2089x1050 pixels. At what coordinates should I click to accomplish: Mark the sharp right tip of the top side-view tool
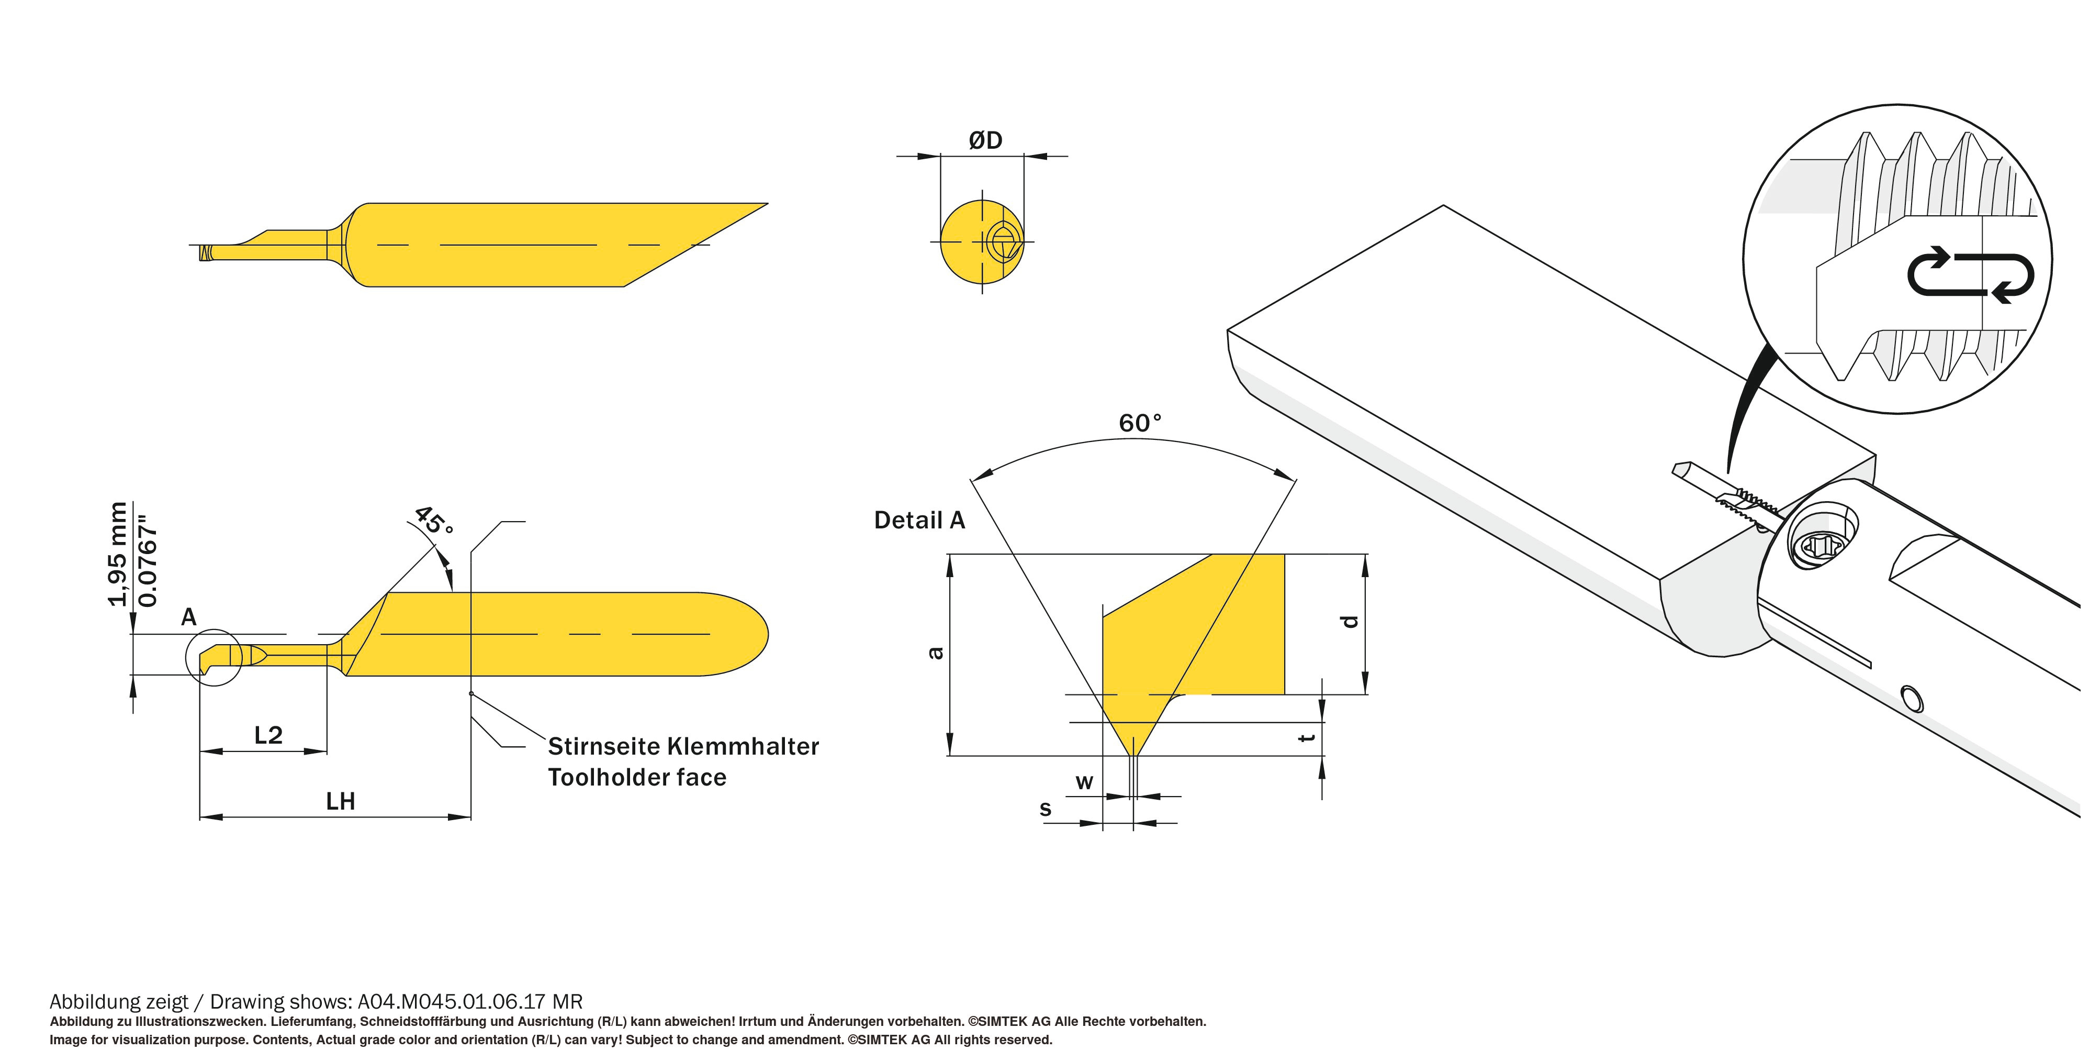767,204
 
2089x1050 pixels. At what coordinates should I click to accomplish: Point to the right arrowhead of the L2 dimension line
316,751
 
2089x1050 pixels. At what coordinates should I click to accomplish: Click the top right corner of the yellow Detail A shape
1285,555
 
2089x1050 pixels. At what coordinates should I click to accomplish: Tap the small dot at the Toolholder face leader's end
471,694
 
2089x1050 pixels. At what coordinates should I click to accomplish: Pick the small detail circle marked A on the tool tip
214,657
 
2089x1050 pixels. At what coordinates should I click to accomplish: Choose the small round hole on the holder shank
1912,698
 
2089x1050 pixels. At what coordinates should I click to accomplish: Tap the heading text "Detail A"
919,520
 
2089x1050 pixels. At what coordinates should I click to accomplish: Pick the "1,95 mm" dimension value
118,554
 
